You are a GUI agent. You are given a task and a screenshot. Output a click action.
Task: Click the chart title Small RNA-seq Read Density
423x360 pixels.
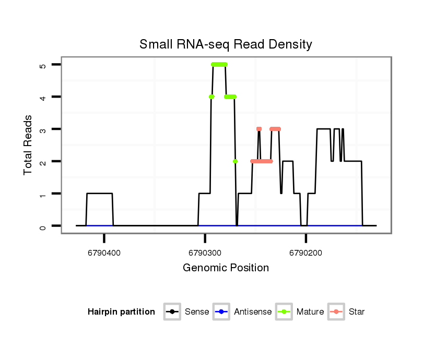click(226, 44)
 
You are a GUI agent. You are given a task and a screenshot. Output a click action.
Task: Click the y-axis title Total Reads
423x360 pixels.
click(29, 145)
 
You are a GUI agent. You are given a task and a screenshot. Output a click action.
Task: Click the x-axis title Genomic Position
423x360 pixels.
click(226, 268)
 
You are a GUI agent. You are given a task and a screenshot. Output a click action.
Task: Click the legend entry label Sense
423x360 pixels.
click(197, 312)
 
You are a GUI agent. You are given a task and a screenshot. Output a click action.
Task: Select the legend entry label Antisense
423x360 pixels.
click(253, 312)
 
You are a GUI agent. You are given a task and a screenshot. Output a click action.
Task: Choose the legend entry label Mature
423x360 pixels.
click(310, 312)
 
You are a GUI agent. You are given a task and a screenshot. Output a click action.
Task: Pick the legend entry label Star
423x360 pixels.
click(357, 312)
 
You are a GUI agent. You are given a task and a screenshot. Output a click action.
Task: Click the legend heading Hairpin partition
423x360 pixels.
click(121, 312)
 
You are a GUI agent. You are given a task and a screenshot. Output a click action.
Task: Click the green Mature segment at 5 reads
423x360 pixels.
click(219, 64)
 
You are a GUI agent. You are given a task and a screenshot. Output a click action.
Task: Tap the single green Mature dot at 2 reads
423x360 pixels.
click(236, 161)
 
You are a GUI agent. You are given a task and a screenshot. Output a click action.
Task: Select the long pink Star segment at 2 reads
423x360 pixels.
click(262, 161)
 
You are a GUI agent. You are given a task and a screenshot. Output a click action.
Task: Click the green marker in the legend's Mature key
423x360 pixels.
click(284, 312)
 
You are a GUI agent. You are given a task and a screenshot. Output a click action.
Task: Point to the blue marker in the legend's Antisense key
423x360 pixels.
click(221, 312)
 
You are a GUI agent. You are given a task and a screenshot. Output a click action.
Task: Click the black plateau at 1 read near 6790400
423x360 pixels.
click(99, 194)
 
